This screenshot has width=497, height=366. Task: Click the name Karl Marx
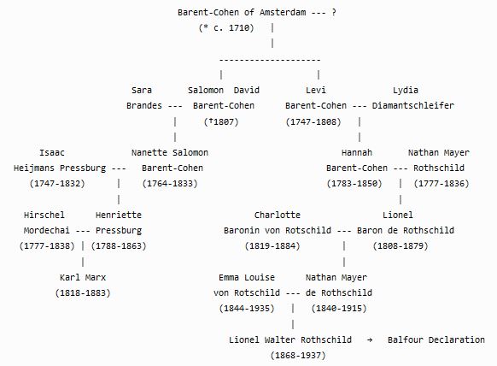pyautogui.click(x=83, y=277)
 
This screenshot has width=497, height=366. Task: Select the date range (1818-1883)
pyautogui.click(x=83, y=292)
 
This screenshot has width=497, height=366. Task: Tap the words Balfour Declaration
pyautogui.click(x=436, y=339)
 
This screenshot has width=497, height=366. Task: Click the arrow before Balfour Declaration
pyautogui.click(x=370, y=340)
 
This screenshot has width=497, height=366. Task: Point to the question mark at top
pyautogui.click(x=333, y=12)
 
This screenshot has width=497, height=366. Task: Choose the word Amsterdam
pyautogui.click(x=283, y=12)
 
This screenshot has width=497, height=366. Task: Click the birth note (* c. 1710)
pyautogui.click(x=226, y=28)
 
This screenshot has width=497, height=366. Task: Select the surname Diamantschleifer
pyautogui.click(x=413, y=105)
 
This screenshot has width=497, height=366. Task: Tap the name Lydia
pyautogui.click(x=406, y=90)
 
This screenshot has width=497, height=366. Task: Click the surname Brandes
pyautogui.click(x=144, y=105)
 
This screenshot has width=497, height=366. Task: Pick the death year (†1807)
pyautogui.click(x=221, y=121)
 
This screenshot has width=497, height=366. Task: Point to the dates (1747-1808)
pyautogui.click(x=313, y=121)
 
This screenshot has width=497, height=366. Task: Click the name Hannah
pyautogui.click(x=357, y=153)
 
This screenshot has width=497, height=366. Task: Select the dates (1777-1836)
pyautogui.click(x=441, y=184)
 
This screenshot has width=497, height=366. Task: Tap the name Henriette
pyautogui.click(x=119, y=215)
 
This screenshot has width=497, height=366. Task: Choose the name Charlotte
pyautogui.click(x=278, y=215)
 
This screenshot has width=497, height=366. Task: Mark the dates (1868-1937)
pyautogui.click(x=298, y=355)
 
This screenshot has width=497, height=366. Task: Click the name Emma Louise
pyautogui.click(x=247, y=277)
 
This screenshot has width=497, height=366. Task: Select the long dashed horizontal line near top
pyautogui.click(x=270, y=59)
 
